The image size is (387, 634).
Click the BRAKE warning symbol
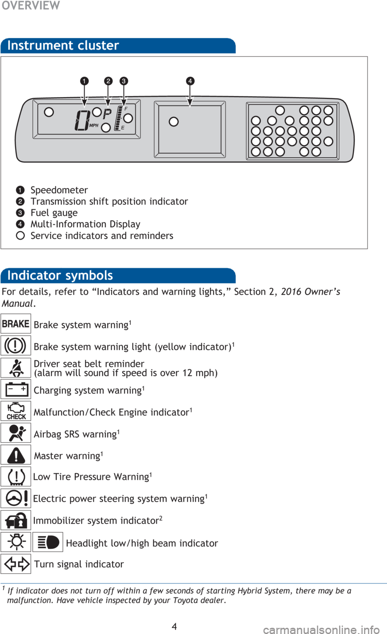15,323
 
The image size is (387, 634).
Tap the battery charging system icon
16,389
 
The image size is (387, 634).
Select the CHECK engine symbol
16,411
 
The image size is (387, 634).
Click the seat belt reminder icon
16,368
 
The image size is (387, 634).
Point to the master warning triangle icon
16,455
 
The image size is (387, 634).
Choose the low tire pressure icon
16,477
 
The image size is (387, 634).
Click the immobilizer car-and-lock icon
15,520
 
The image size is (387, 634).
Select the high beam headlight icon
48,542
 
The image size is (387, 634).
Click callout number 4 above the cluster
190,81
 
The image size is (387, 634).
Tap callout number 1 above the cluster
84,81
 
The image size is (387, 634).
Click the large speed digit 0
82,121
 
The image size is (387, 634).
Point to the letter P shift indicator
107,114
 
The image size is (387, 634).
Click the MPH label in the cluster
93,125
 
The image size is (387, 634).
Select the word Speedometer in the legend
59,190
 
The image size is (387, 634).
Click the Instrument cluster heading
63,45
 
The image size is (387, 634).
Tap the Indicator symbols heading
60,276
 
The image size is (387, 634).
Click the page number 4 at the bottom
174,626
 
